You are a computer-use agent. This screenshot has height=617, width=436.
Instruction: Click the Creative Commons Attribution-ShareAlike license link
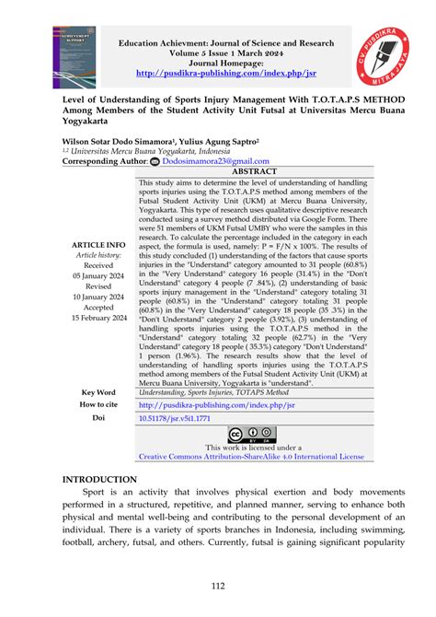250,455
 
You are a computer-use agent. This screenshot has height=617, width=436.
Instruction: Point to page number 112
217,588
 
